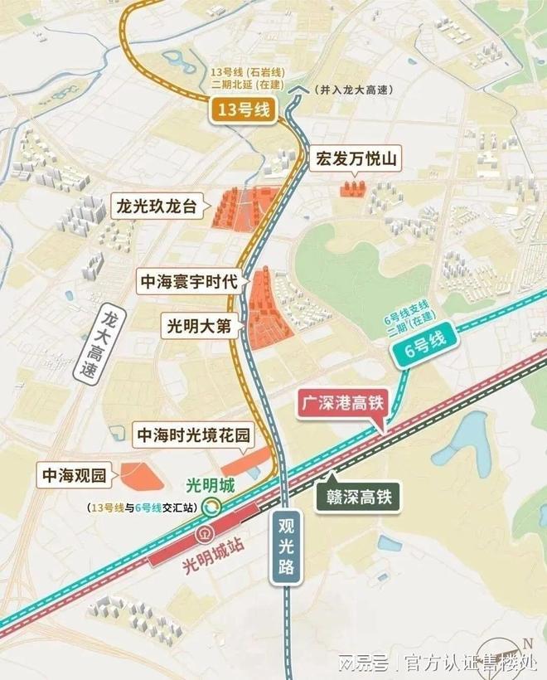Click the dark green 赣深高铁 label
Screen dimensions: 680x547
pyautogui.click(x=358, y=498)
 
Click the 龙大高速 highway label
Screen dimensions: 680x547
pyautogui.click(x=103, y=345)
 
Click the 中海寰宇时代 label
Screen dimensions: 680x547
pyautogui.click(x=189, y=283)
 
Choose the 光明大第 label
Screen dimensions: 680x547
pyautogui.click(x=199, y=327)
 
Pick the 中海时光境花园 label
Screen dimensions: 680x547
pyautogui.click(x=192, y=435)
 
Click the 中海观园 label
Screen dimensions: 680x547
pyautogui.click(x=71, y=476)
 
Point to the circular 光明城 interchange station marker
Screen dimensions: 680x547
pyautogui.click(x=214, y=506)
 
